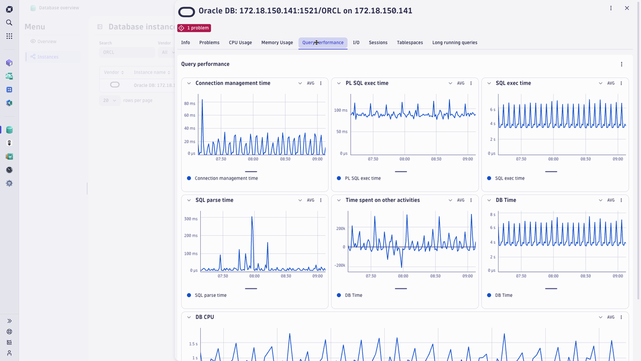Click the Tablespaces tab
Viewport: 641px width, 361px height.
coord(410,43)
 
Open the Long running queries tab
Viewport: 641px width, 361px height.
coord(454,43)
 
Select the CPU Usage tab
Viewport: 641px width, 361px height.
coord(240,43)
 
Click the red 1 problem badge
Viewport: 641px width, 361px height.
coord(194,28)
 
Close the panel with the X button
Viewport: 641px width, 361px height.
coord(627,8)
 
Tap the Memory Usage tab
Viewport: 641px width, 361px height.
coord(277,43)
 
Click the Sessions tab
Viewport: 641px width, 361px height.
coord(378,43)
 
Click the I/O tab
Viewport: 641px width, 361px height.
coord(356,43)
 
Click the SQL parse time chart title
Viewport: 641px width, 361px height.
coord(214,200)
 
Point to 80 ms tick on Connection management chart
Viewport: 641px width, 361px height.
coord(190,103)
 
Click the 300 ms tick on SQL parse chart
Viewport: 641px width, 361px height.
coord(191,219)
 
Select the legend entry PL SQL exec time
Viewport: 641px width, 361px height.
coord(362,178)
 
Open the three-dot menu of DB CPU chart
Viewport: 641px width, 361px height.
coord(621,317)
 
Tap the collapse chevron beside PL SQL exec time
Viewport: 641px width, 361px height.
coord(339,83)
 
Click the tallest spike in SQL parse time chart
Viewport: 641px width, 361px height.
coord(252,217)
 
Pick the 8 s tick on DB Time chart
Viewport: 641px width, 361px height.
coord(492,215)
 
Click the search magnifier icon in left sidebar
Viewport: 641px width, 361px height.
coord(9,23)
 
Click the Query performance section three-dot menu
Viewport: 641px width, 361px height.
coord(621,64)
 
